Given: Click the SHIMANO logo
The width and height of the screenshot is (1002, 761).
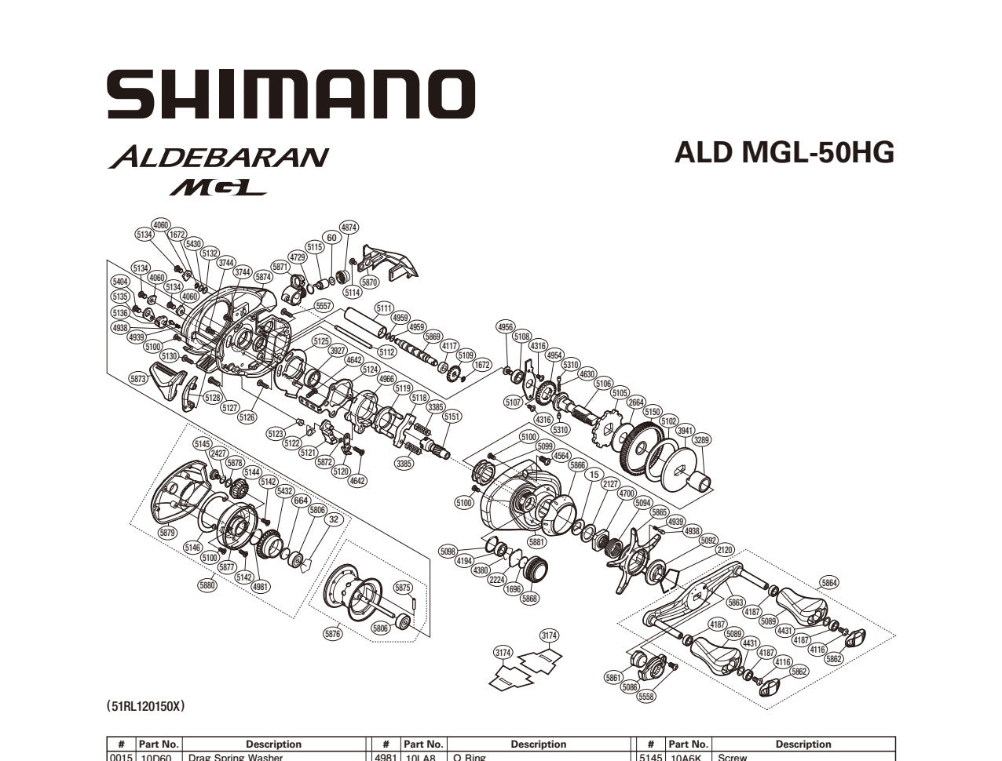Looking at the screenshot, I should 291,95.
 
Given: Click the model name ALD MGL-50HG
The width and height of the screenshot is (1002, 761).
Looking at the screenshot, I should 784,152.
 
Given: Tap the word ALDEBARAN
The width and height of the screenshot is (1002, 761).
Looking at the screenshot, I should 218,157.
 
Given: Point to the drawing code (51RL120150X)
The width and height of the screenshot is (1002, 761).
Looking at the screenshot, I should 146,706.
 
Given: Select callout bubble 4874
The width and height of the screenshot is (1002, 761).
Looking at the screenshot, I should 349,228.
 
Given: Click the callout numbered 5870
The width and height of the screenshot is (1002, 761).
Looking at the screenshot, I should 369,282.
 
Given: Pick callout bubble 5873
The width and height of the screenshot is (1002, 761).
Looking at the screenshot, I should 138,379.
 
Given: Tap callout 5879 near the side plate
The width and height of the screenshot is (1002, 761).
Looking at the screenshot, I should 167,533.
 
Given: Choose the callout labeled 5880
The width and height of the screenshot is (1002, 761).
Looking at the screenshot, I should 207,585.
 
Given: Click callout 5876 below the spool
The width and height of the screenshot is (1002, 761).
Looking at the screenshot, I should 333,634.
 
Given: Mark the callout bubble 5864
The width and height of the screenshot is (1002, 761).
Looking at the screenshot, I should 828,583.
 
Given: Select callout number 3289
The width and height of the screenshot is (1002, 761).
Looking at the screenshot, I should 701,440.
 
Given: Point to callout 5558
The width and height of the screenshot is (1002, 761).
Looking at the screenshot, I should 646,697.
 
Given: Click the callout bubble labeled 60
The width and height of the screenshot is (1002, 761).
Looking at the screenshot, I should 331,238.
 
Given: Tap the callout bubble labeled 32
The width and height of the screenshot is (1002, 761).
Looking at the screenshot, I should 335,519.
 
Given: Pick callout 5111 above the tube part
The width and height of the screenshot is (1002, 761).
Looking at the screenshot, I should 384,308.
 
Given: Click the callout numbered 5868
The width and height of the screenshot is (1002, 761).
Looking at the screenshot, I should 530,599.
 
